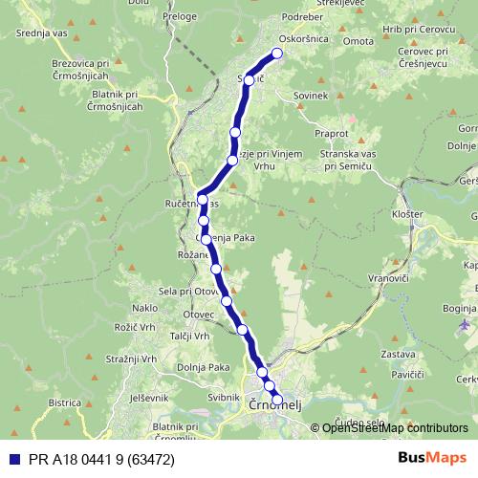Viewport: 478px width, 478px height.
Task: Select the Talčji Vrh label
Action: point(189,337)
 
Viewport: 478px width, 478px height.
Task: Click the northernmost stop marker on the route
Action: point(277,54)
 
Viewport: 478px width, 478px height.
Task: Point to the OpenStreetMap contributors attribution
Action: point(394,427)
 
